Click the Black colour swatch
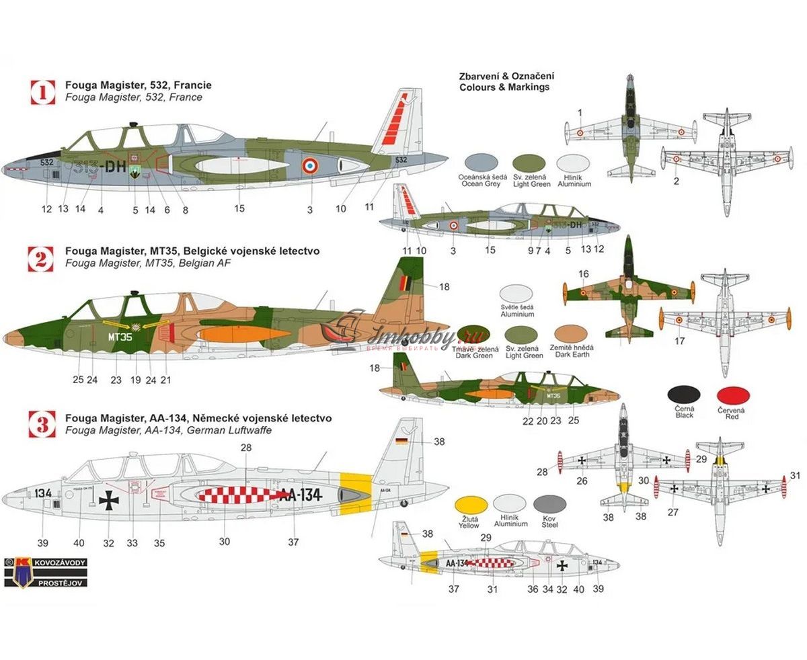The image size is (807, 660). coord(684,395)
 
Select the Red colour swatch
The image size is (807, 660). coord(734,395)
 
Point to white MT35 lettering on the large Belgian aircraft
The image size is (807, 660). coord(120,337)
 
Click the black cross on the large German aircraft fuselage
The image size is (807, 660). coord(108,499)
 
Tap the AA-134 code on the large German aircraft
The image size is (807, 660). coord(300,495)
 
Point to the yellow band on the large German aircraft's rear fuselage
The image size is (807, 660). coord(356,489)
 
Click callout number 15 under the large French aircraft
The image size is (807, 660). coord(239,209)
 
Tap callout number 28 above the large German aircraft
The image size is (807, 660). coord(245,448)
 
